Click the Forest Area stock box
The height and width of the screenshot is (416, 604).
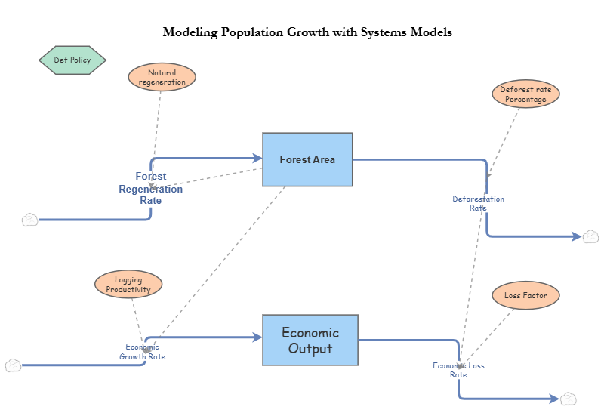coord(307,159)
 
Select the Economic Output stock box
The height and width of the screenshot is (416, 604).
coord(310,340)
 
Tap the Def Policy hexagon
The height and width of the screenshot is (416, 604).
coord(72,60)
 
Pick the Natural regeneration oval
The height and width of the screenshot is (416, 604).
coord(162,77)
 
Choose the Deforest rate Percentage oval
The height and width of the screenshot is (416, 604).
coord(525,94)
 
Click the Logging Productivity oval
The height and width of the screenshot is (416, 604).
coord(128,285)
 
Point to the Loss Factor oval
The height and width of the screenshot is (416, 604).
coord(525,295)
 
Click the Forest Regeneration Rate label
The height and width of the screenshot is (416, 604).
coord(151,189)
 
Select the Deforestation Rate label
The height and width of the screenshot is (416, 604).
coord(478,203)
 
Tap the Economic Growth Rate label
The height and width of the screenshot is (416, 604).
coord(142,352)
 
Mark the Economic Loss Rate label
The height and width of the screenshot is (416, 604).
coord(458,370)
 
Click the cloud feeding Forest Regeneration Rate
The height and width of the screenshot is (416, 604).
coord(29,220)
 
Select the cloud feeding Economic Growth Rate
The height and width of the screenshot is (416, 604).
coord(13,365)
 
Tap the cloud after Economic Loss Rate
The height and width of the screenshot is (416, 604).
coord(569,399)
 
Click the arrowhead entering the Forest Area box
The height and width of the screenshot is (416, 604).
coord(256,159)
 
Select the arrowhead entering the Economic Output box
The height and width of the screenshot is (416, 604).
coord(257,337)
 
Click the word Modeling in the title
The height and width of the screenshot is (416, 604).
coord(190,33)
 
